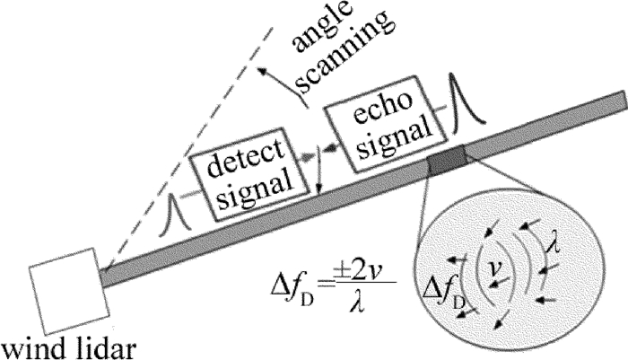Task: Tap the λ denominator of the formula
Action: [x=342, y=305]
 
